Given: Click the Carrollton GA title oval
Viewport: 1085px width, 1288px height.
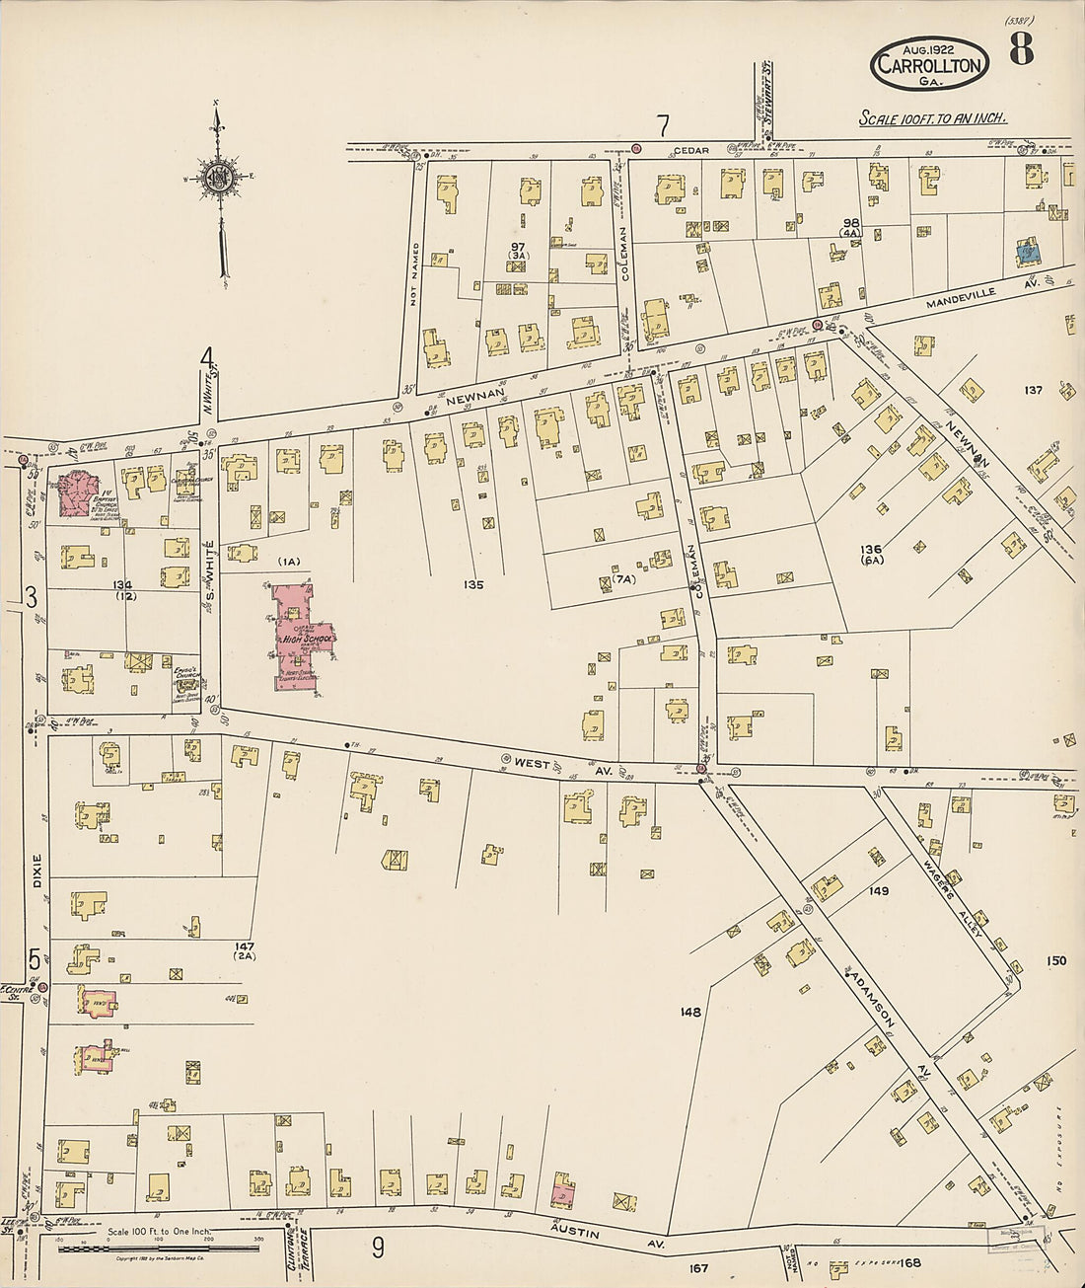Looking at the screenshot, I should [929, 65].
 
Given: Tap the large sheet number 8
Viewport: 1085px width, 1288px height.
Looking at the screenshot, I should [1021, 47].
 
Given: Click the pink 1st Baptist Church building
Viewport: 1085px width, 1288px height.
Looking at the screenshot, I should [76, 493].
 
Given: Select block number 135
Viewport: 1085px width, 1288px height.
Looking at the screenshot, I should [473, 585].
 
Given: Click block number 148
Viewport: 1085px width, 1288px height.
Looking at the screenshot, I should [689, 1012].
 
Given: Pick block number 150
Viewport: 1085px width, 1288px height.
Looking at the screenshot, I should [1055, 960].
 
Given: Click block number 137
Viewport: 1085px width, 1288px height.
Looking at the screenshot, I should [1033, 390].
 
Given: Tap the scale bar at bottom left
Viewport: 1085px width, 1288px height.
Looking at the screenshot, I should [158, 1249].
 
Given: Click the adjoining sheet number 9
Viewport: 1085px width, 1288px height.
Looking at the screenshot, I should [378, 1249].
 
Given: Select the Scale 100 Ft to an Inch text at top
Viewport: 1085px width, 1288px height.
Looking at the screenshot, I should [932, 118].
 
